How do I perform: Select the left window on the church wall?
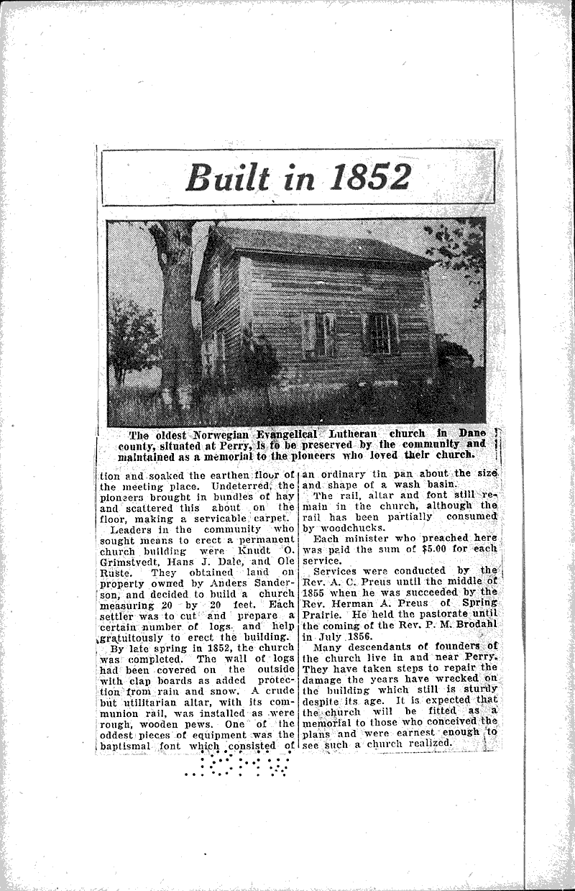321,334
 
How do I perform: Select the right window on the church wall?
380,333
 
